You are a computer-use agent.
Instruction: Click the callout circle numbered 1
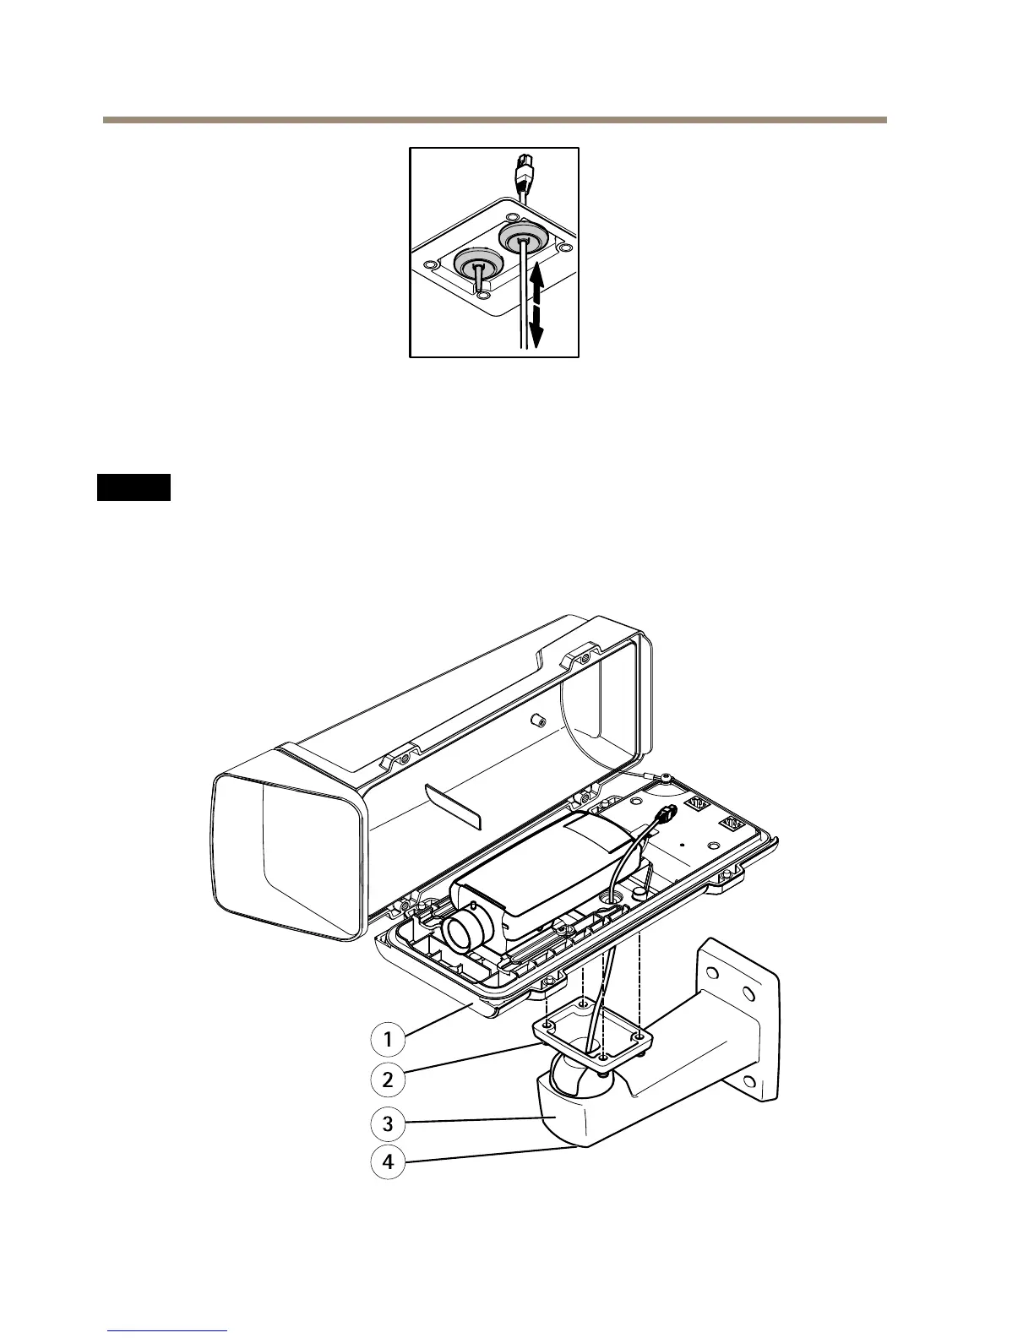click(x=389, y=1039)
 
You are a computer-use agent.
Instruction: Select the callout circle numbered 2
click(x=389, y=1080)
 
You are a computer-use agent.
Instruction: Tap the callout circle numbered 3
click(x=389, y=1123)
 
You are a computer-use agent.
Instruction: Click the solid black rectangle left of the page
click(x=133, y=487)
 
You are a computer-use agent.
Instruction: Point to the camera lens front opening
click(x=462, y=933)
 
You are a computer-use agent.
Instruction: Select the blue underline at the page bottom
click(x=168, y=1331)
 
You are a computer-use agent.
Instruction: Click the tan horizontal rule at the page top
click(x=495, y=120)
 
